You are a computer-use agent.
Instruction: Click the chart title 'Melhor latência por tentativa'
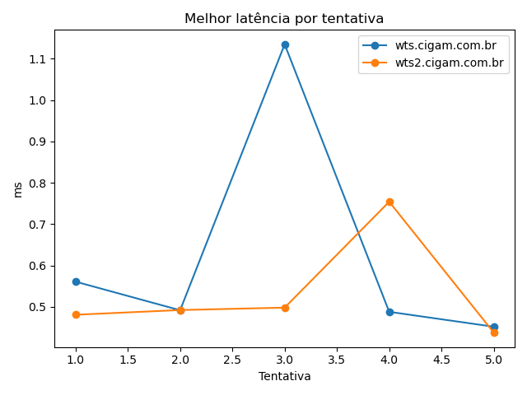point(284,18)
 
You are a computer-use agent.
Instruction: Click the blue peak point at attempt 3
point(285,44)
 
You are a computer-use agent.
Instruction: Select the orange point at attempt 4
point(389,202)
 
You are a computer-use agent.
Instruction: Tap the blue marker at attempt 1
point(76,281)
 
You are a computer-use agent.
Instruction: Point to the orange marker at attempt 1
point(76,314)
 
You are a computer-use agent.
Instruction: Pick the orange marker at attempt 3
point(285,308)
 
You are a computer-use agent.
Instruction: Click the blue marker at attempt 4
point(389,312)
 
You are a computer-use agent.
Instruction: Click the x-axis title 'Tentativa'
point(285,376)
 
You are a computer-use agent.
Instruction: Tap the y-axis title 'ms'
point(18,189)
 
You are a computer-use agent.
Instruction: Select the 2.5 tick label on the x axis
point(232,360)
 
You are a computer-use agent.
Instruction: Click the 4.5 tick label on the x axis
point(441,360)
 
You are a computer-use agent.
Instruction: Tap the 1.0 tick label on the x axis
point(76,360)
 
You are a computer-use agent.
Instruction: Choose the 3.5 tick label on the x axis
point(337,360)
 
